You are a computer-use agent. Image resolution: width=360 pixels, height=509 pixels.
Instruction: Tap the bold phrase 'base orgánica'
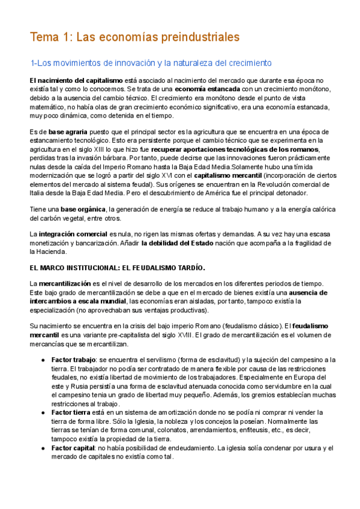(x=83, y=209)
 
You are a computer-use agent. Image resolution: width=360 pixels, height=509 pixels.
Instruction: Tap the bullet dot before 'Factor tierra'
(x=44, y=412)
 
